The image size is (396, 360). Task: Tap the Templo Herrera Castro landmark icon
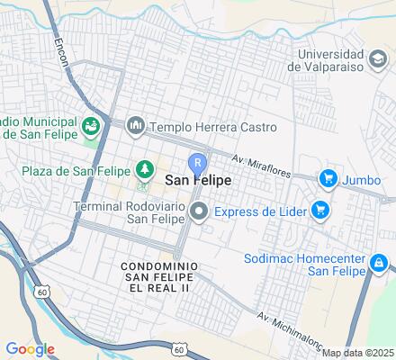[135, 125]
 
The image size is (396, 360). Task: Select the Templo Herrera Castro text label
[212, 126]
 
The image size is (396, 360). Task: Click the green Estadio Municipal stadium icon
[91, 125]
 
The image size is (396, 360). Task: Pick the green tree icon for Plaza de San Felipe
[143, 169]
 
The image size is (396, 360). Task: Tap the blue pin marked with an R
[197, 164]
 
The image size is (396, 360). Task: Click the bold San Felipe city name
[198, 181]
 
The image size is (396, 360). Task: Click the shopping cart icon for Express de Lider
[320, 211]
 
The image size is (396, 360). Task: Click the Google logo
[30, 348]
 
